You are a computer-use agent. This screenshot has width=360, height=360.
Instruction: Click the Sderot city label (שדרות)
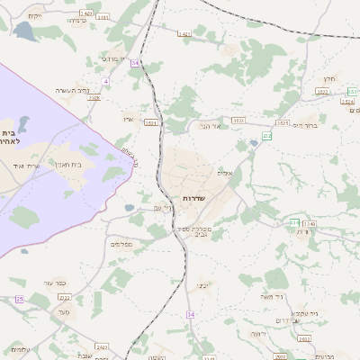tap(194, 197)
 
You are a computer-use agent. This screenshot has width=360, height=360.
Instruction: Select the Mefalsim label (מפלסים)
tap(121, 245)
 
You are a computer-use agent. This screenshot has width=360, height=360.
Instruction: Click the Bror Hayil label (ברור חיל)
tap(305, 125)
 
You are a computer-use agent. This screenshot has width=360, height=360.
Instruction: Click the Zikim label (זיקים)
tap(35, 16)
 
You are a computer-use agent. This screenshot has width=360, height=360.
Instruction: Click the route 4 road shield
tap(105, 82)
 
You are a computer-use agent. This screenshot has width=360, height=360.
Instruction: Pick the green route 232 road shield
tap(267, 136)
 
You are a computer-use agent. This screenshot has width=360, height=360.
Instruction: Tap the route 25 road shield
tap(20, 299)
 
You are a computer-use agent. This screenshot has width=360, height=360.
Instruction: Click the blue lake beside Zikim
tap(22, 31)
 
